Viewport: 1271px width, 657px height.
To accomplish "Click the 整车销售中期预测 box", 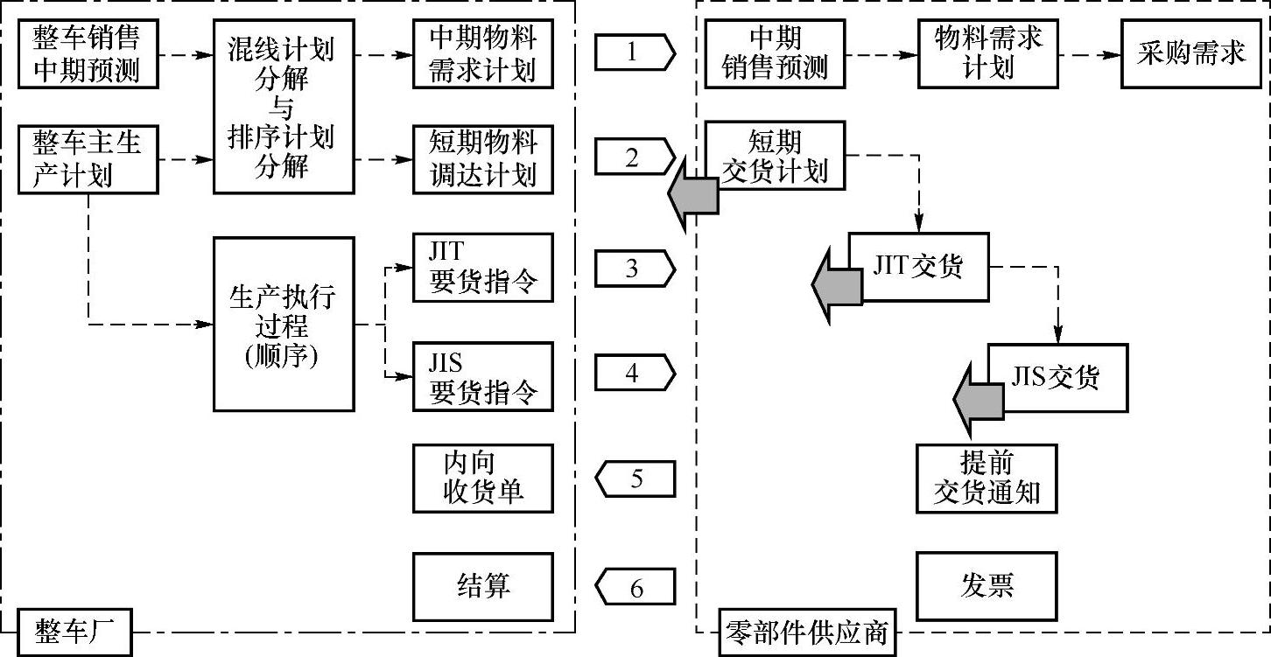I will coord(88,53).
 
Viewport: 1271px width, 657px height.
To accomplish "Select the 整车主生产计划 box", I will coord(88,158).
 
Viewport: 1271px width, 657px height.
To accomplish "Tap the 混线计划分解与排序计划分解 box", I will coord(283,106).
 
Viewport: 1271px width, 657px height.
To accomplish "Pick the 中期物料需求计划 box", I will coord(483,53).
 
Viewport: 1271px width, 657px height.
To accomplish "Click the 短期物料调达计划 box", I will coord(483,158).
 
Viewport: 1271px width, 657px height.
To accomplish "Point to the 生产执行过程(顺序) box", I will coord(283,324).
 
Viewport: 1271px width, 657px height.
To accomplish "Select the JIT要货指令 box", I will coord(483,268).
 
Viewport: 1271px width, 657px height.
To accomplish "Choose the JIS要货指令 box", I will coord(483,376).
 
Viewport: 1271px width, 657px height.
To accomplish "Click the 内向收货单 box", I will coord(483,478).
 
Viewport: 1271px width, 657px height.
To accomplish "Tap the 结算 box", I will coord(483,586).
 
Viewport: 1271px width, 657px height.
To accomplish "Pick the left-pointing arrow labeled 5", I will coord(635,479).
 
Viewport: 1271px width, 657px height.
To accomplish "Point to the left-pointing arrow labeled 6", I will coord(635,587).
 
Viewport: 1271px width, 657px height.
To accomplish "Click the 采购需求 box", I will coord(1191,53).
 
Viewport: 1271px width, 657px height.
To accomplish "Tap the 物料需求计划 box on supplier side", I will coord(988,53).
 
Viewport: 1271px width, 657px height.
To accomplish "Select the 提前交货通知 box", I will coord(987,478).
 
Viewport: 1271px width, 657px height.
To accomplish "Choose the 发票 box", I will coord(987,586).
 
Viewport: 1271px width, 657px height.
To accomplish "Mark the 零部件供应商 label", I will coord(807,633).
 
